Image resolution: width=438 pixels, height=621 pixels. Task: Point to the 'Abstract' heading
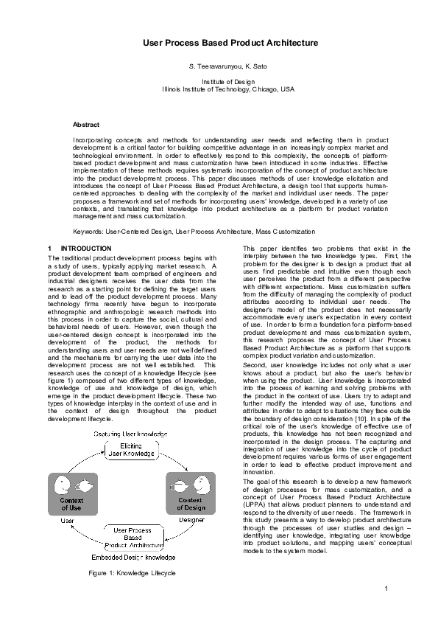(86, 125)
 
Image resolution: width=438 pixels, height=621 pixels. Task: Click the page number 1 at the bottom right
(386, 588)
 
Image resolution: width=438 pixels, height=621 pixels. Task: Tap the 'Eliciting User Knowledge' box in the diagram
(132, 449)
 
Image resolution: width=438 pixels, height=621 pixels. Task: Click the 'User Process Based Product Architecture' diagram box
(132, 538)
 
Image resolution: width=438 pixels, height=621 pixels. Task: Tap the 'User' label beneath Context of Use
(67, 521)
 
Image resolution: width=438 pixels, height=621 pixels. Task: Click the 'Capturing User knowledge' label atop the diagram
(132, 433)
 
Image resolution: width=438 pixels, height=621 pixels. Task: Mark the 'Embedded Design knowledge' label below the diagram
(132, 556)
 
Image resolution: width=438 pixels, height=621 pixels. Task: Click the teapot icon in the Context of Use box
(82, 485)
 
